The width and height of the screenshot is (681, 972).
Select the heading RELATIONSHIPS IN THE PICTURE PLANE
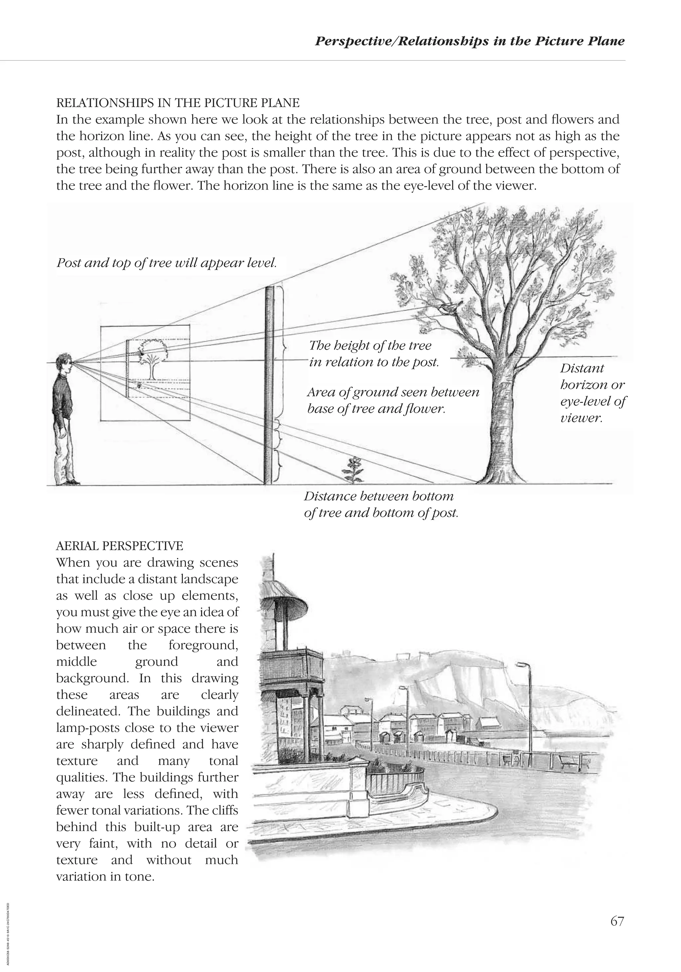click(178, 103)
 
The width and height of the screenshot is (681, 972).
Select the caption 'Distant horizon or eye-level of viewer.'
click(593, 393)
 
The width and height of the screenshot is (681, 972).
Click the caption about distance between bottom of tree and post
click(380, 504)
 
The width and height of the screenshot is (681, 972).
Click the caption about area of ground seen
click(392, 401)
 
